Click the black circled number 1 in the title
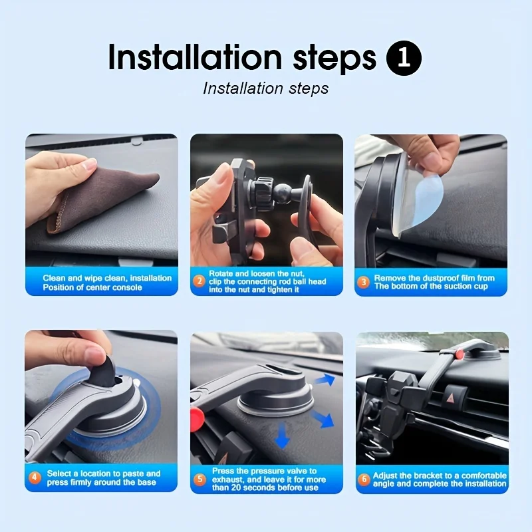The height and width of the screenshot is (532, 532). click(x=404, y=58)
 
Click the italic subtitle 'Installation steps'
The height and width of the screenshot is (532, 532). click(x=265, y=88)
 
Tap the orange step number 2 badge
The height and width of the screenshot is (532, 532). click(x=199, y=281)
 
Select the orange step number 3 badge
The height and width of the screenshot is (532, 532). click(x=363, y=282)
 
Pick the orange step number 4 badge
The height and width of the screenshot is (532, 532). click(x=35, y=477)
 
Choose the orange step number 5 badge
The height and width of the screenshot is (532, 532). click(x=199, y=479)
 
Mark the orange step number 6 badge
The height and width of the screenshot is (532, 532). click(x=364, y=479)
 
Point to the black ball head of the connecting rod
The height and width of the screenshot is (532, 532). click(x=282, y=194)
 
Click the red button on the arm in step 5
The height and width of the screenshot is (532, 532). click(x=197, y=420)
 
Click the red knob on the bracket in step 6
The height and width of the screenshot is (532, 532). click(x=460, y=354)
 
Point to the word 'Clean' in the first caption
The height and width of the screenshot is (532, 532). click(x=54, y=278)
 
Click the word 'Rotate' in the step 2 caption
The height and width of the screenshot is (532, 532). click(x=221, y=273)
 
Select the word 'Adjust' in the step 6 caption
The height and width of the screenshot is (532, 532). click(x=384, y=475)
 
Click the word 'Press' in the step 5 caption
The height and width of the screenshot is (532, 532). click(x=223, y=471)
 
